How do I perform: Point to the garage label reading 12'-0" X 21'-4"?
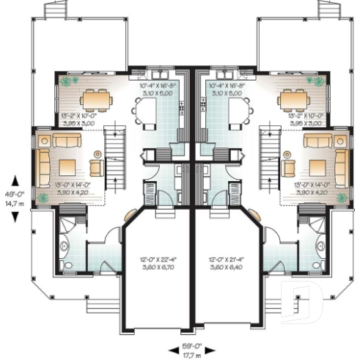pos(227,262)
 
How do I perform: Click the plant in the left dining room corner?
pos(68,81)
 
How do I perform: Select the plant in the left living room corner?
pos(43,197)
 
